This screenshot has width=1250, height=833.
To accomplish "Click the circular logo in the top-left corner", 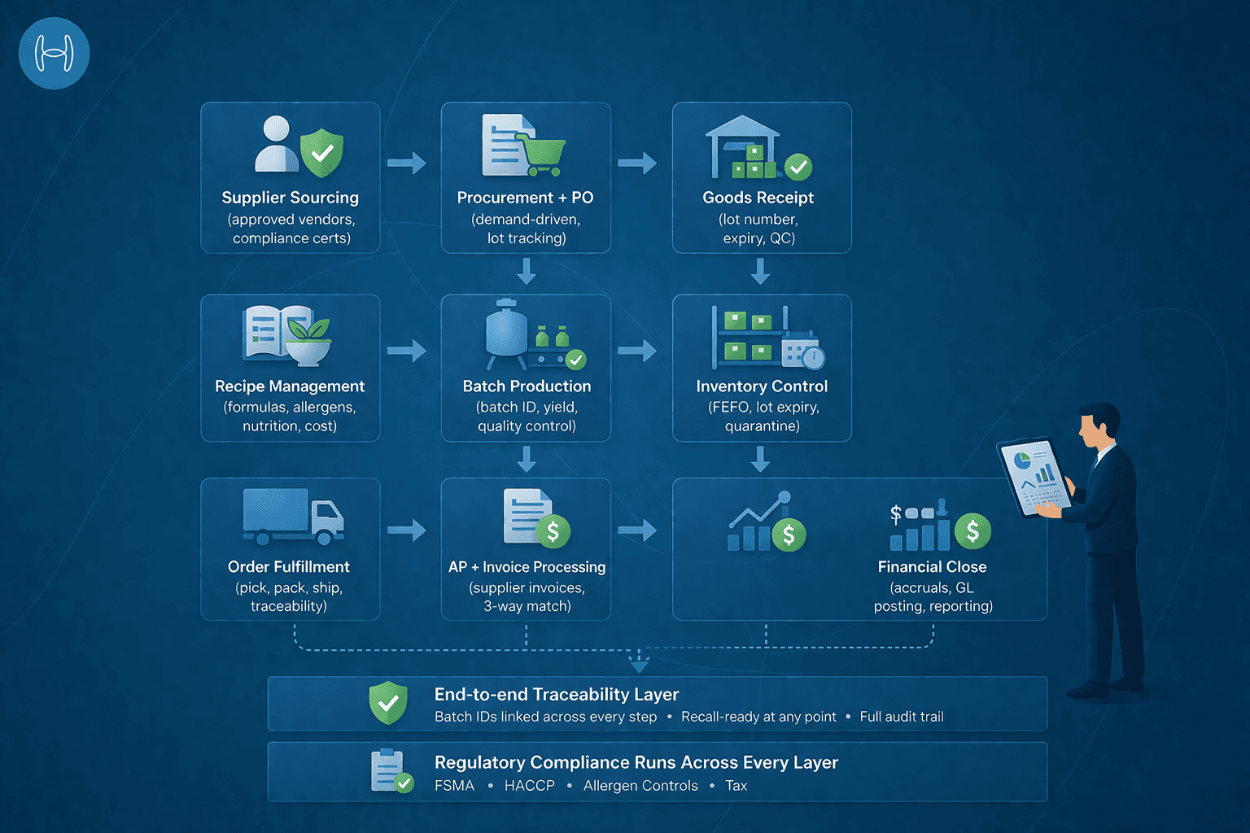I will pos(54,54).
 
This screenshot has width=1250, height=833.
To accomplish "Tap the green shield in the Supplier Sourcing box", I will pos(321,151).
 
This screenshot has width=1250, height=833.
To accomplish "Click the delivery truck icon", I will pos(293,517).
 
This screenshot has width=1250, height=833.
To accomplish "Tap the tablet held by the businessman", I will pos(1033,477).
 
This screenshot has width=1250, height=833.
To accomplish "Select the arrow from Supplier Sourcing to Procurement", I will pos(406,163).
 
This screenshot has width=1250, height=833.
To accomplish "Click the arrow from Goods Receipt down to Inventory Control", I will pos(761,271).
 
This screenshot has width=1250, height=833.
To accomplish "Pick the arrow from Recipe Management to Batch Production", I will pos(406,351).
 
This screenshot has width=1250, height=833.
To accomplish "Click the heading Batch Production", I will pos(527,386).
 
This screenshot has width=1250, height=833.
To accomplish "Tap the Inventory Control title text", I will pos(762,386).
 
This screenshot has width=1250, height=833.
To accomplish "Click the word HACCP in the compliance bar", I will pos(529,786).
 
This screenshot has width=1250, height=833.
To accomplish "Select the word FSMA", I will pos(454,786).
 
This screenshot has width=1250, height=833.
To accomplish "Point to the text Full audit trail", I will pos(902,717).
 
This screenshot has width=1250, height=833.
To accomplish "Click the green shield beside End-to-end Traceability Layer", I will pos(388,703).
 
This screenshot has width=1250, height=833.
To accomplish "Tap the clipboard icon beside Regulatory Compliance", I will pos(389,770).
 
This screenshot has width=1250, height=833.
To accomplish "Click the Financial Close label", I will pos(932,567).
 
